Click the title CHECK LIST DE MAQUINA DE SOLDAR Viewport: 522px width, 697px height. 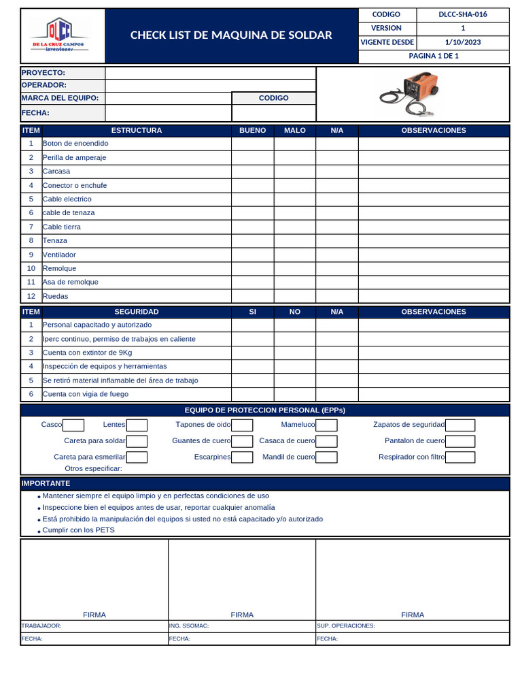231,35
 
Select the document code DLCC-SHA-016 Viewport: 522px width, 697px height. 462,14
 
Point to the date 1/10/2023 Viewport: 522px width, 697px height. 462,42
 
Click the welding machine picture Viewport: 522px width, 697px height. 412,94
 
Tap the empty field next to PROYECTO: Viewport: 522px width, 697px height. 210,73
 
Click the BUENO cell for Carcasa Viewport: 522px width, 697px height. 252,172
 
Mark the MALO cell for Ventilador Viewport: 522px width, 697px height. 294,255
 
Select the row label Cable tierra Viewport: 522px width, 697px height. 62,227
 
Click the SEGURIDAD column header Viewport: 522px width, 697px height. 136,312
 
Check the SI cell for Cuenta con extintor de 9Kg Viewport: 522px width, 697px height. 252,353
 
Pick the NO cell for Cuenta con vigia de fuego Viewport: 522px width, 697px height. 294,394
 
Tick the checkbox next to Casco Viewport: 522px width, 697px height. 73,425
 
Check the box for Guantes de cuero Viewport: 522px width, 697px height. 242,442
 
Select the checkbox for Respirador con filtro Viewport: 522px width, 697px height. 460,457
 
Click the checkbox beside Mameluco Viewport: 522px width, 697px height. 326,425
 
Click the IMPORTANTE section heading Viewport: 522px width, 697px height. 46,483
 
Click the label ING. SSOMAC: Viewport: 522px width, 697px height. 189,626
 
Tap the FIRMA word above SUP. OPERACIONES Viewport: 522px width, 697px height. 413,615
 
